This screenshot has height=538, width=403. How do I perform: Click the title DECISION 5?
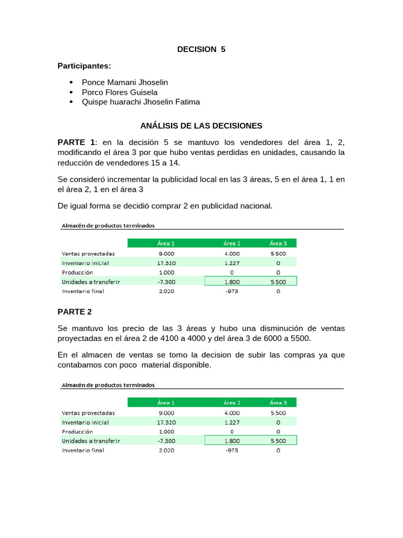(201, 49)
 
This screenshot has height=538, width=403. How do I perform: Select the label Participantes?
(84, 66)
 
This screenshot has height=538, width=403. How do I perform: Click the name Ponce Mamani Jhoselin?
(125, 82)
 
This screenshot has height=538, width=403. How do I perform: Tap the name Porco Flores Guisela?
(120, 92)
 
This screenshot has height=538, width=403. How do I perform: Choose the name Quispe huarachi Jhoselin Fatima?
(141, 102)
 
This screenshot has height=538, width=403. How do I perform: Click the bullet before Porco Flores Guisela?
(71, 92)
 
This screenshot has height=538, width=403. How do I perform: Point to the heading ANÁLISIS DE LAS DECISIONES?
(201, 126)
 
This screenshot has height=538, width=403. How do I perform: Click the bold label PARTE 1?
(77, 143)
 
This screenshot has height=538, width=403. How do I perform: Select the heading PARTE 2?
(75, 312)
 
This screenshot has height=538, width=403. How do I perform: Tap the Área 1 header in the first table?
(166, 243)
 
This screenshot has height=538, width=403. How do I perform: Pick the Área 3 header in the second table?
(278, 402)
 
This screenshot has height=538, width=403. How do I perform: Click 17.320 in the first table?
(167, 263)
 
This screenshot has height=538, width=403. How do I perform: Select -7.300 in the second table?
(167, 441)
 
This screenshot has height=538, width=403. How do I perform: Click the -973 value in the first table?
(232, 292)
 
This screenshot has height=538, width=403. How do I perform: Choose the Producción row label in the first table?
(77, 272)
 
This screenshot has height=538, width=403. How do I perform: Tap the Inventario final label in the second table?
(83, 450)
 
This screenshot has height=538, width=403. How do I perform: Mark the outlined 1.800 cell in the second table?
(232, 441)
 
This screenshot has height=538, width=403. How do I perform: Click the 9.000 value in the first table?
(167, 253)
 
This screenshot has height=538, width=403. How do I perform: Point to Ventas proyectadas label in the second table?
(88, 412)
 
